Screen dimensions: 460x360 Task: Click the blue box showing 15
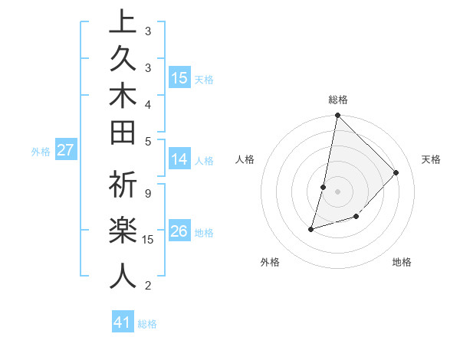(x=179, y=78)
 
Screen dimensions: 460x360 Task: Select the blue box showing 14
(x=179, y=159)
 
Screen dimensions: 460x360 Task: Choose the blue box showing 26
(x=179, y=231)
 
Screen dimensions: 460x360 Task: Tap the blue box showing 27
(x=66, y=150)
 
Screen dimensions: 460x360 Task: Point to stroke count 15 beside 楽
(x=148, y=240)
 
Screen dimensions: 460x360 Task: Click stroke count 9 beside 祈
(x=147, y=194)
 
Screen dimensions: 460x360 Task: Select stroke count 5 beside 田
(x=147, y=141)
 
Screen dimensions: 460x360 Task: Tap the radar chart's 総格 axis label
(x=338, y=100)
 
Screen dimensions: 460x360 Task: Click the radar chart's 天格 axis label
(x=431, y=159)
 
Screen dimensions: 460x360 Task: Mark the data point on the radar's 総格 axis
(x=337, y=115)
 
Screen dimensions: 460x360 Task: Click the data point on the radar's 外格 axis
(x=311, y=228)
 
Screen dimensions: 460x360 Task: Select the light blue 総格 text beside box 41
(x=147, y=324)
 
